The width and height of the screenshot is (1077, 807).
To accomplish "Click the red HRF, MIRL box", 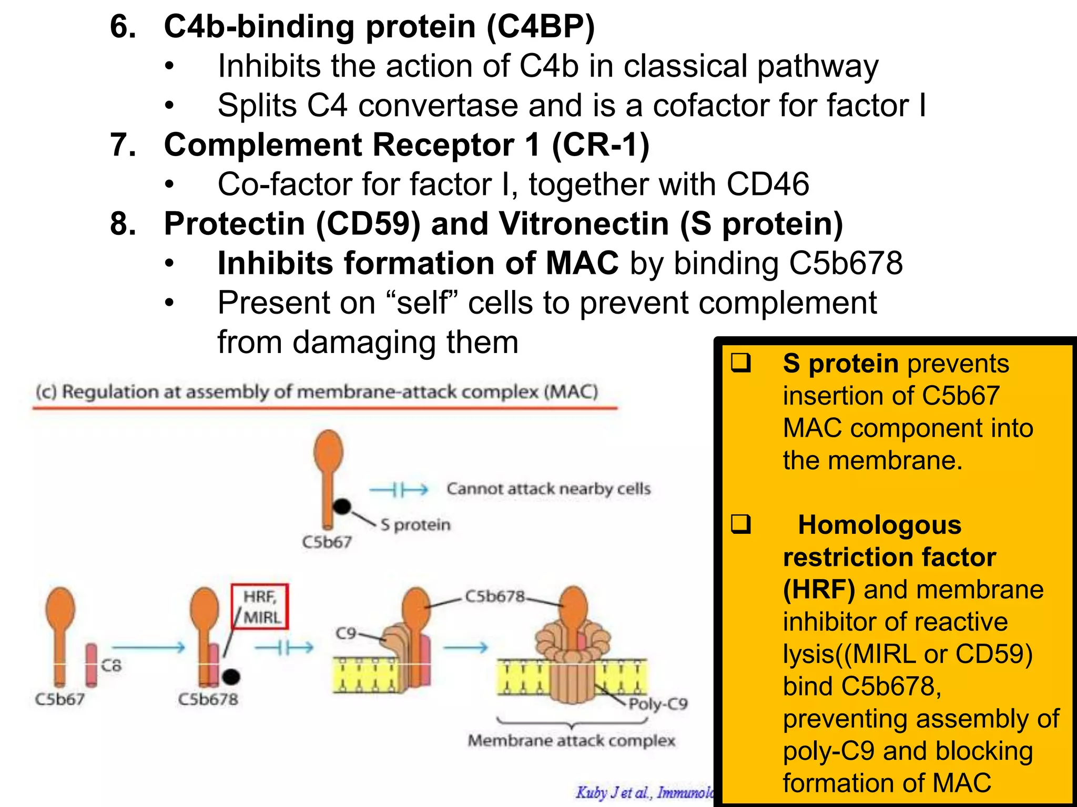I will (x=260, y=606).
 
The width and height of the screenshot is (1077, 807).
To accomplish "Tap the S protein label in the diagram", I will (x=415, y=525).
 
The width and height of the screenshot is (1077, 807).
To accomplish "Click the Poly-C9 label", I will (x=658, y=704).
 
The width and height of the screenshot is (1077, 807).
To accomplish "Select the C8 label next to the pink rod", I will (x=111, y=666).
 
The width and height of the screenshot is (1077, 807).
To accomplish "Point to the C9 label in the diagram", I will (x=346, y=633).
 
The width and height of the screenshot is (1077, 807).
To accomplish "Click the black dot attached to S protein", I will (x=342, y=506).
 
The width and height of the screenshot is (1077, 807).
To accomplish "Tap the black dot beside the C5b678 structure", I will (x=231, y=677).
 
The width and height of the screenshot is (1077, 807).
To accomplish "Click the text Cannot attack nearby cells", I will (x=548, y=489).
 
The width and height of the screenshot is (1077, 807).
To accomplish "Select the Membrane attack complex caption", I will (x=571, y=741).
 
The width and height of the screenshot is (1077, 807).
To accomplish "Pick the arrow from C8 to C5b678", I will (x=148, y=647).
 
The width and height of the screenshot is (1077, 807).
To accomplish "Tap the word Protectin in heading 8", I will (x=235, y=224).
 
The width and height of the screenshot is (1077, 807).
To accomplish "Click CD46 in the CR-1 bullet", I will (x=767, y=184).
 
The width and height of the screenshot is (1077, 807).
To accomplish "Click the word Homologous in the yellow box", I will (x=879, y=525).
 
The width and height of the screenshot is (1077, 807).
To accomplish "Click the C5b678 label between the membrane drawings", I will (x=495, y=596).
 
